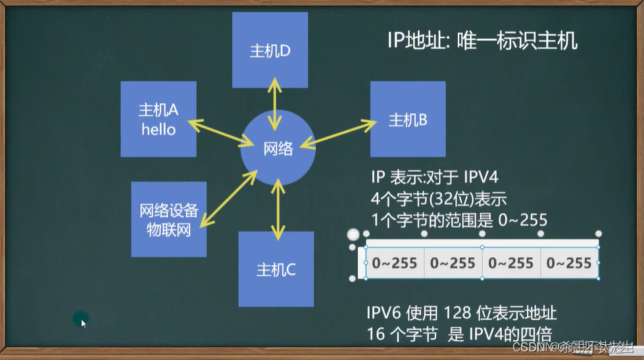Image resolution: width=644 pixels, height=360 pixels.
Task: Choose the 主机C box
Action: [276, 269]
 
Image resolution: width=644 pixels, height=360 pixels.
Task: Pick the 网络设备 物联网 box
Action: [169, 219]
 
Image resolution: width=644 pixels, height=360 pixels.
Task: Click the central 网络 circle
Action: [278, 149]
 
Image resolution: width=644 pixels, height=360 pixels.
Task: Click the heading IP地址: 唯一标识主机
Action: [482, 41]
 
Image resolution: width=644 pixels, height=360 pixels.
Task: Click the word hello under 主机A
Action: [159, 129]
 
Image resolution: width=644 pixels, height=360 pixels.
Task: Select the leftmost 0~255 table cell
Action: [395, 263]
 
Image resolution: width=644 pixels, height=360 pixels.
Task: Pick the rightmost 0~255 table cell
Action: [569, 263]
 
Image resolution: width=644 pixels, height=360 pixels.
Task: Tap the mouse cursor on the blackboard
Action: [84, 322]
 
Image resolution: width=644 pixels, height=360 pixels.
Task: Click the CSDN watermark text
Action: [527, 346]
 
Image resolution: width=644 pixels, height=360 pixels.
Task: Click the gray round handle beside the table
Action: [353, 235]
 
